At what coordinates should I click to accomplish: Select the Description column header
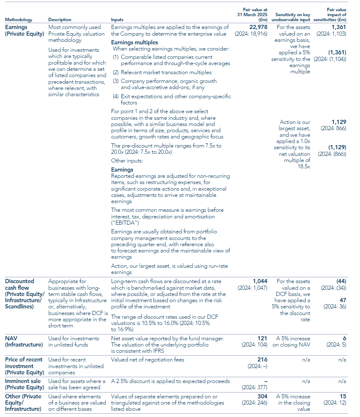pos(60,20)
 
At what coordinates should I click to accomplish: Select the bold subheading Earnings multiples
pos(134,42)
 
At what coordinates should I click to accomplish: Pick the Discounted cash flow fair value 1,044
pos(260,281)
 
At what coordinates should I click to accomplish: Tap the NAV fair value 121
pos(263,338)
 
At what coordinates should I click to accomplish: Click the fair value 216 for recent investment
pos(263,359)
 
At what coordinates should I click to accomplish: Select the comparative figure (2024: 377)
pos(255,388)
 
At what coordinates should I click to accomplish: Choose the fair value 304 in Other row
pos(262,396)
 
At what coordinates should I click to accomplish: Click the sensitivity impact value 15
pos(343,396)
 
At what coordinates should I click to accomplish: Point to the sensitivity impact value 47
pos(343,300)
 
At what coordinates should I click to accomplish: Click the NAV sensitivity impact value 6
pos(344,338)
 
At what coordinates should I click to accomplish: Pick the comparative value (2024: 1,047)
pos(253,287)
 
